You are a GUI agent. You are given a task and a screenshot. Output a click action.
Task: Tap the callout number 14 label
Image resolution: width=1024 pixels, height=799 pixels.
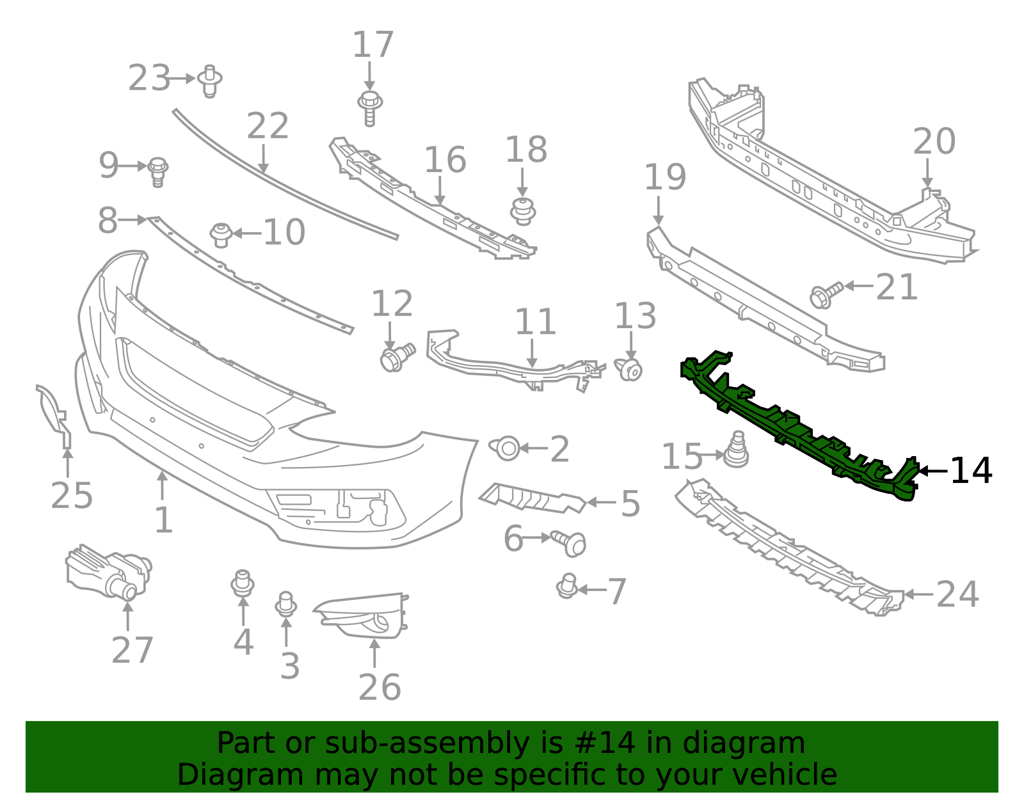[971, 471]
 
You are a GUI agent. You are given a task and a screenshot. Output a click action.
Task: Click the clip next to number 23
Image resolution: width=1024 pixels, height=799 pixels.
[209, 81]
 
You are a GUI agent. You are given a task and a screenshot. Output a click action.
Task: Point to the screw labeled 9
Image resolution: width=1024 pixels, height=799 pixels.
[157, 171]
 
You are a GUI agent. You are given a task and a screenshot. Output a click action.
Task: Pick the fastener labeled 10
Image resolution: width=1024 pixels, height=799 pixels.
[221, 234]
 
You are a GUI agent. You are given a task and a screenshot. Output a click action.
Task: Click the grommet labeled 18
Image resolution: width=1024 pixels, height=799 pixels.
[523, 211]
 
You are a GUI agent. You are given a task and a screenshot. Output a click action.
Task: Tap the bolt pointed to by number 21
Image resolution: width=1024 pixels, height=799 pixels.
[826, 294]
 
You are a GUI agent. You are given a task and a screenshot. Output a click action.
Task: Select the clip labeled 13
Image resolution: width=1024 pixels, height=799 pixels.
[630, 369]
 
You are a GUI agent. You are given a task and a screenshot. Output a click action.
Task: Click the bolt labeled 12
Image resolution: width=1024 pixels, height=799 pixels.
[396, 357]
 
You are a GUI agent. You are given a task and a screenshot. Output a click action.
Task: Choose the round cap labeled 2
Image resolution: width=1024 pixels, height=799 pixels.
[506, 448]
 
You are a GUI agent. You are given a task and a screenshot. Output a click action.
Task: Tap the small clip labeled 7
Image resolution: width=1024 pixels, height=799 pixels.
[567, 586]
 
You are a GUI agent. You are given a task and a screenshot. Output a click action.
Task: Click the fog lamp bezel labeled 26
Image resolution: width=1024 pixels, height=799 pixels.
[365, 615]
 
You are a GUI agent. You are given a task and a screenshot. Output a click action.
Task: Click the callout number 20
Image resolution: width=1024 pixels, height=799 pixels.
[934, 142]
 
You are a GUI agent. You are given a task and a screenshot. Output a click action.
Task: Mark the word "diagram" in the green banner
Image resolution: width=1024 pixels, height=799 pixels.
[744, 743]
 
